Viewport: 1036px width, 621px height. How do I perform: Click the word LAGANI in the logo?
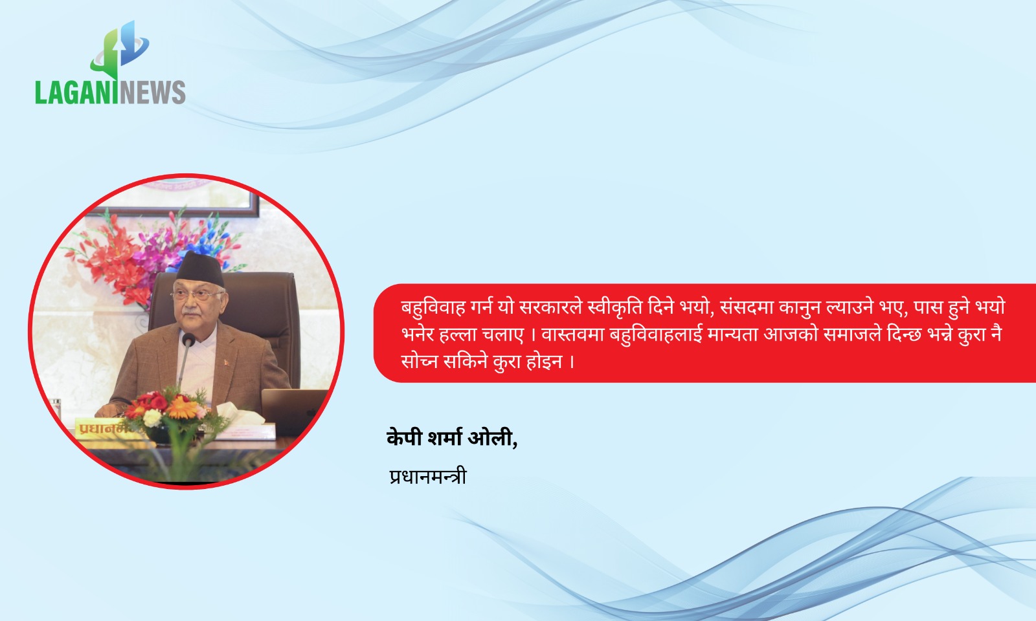coord(76,93)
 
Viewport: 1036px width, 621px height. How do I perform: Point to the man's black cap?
coord(200,269)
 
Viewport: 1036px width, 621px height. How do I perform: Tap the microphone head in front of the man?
coord(188,340)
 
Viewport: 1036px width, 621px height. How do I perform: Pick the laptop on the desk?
coord(294,412)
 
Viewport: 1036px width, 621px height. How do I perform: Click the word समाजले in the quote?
coord(854,334)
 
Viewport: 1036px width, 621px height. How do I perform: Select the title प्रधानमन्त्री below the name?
coord(428,476)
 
